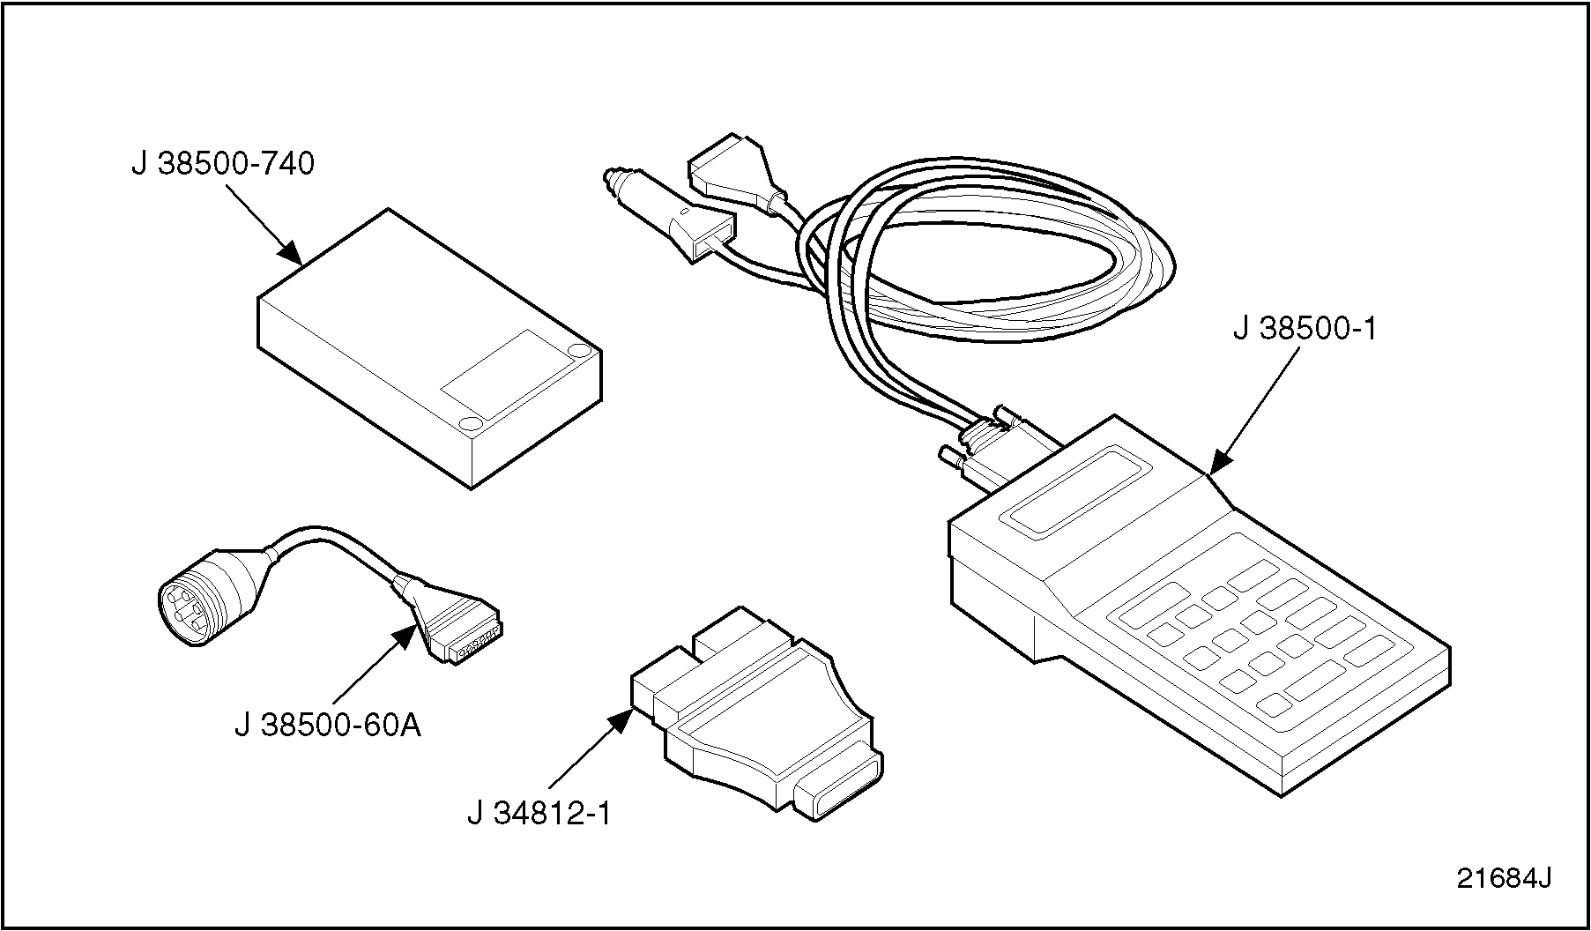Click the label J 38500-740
[x=223, y=164]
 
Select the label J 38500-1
[x=1304, y=329]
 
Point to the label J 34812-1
[x=539, y=813]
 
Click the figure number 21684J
[x=1503, y=879]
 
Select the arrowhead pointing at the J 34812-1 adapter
[x=620, y=720]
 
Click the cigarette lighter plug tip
[x=608, y=179]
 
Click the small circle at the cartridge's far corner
[x=578, y=351]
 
